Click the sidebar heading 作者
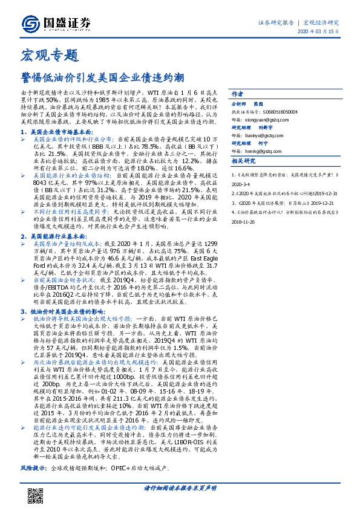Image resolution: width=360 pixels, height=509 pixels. click(x=237, y=95)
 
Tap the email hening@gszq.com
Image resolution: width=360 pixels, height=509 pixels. click(x=266, y=151)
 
